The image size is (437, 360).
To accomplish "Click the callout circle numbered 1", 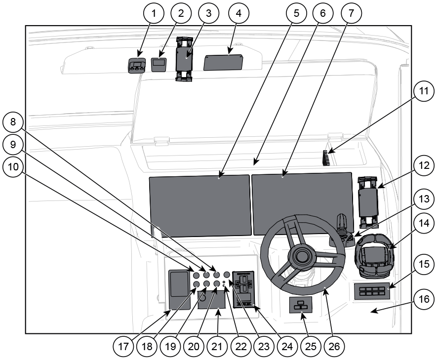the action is [x=153, y=13].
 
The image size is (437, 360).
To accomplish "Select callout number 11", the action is [x=424, y=91].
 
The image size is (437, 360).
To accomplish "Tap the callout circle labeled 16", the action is [x=424, y=299].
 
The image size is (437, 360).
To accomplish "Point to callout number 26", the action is [x=334, y=346].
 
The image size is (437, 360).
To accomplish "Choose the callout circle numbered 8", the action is [x=13, y=122].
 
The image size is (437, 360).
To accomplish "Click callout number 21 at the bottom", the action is [x=217, y=346].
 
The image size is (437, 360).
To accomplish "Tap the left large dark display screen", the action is [x=200, y=206].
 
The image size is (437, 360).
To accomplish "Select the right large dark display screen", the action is [x=302, y=203].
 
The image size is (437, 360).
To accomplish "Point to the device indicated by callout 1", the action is [x=137, y=66].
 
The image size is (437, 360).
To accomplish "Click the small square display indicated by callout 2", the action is [x=159, y=65].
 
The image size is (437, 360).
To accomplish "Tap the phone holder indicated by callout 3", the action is [x=184, y=59].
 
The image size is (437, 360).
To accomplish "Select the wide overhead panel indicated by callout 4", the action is [x=223, y=62].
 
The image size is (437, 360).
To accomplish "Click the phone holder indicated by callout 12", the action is [x=368, y=201].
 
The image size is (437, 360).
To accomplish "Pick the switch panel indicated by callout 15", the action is [x=372, y=291].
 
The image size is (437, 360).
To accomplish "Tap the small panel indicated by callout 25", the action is [x=300, y=305].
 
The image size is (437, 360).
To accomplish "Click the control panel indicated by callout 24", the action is [x=243, y=289].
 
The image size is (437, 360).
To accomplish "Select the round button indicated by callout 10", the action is [x=196, y=275].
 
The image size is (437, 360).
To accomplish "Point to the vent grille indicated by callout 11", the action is [x=326, y=158].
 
